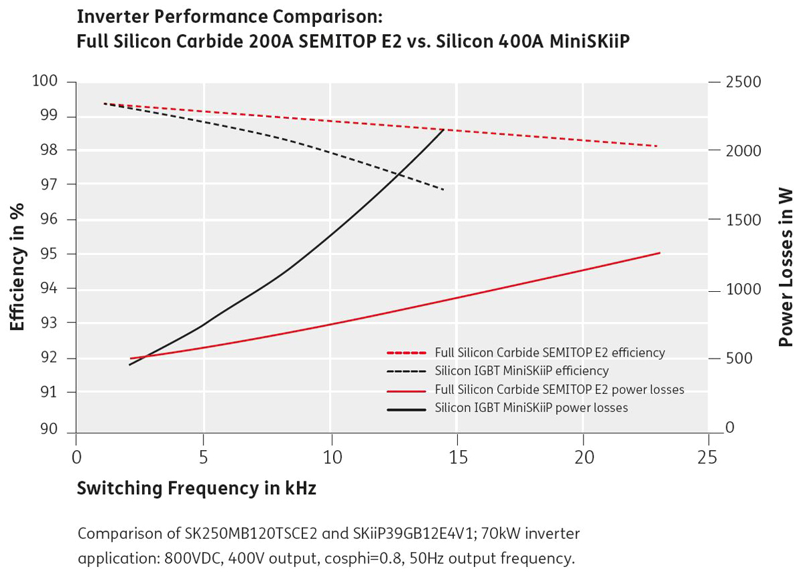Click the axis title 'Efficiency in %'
point(18,257)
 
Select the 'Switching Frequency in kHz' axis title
point(197,489)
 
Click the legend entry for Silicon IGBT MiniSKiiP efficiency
point(521,371)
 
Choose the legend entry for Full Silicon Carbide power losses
point(559,389)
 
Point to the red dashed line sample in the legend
point(406,353)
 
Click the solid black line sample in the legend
point(406,407)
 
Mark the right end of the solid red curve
point(659,252)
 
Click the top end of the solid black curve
point(444,129)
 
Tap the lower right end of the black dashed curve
point(444,190)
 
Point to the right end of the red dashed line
point(657,146)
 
